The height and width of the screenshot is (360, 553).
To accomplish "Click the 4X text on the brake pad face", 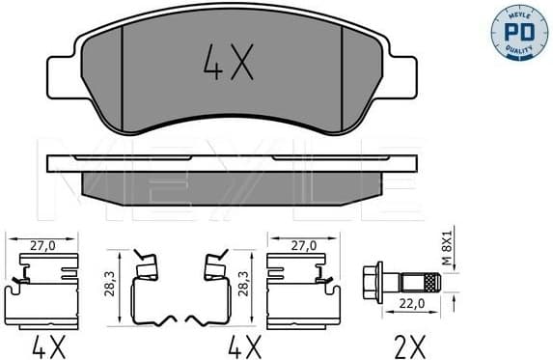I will (x=229, y=64).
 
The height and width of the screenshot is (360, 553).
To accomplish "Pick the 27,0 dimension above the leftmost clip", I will (x=41, y=245).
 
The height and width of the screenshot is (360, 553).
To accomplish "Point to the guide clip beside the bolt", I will (x=301, y=290).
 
